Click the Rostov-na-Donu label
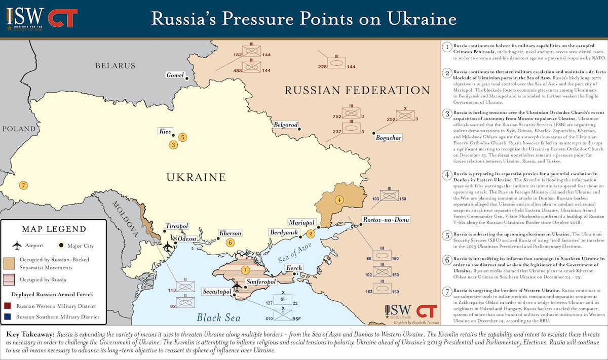point(385,220)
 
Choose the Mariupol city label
point(301,223)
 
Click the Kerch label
point(294,268)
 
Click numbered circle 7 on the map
point(23,185)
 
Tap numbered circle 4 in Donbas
point(339,199)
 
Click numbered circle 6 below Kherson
point(230,243)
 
